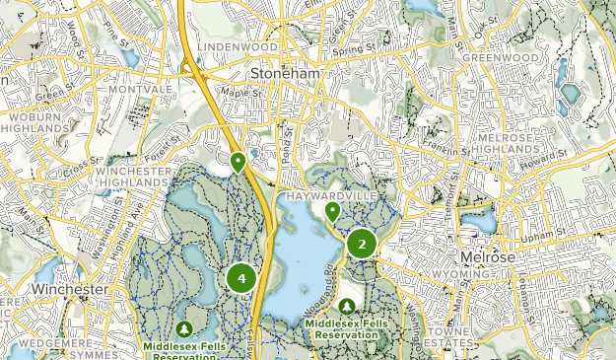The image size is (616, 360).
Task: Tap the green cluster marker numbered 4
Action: coord(241,279)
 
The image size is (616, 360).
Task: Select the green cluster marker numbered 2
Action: coord(362,244)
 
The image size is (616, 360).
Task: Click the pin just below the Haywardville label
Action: coord(333,212)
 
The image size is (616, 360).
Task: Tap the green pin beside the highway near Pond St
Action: coord(238,162)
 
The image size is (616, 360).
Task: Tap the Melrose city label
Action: coord(487,257)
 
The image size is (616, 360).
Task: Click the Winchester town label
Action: coord(68,290)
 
